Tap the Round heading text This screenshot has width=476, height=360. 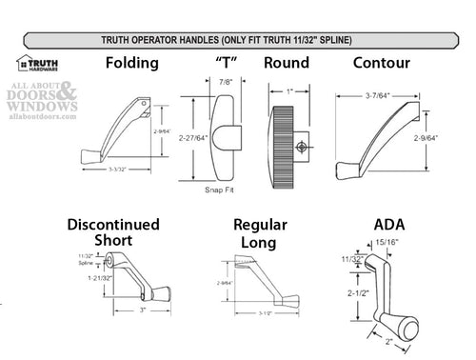[x=287, y=64]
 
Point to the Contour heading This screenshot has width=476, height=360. [x=382, y=64]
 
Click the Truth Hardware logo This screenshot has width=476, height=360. [x=37, y=64]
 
